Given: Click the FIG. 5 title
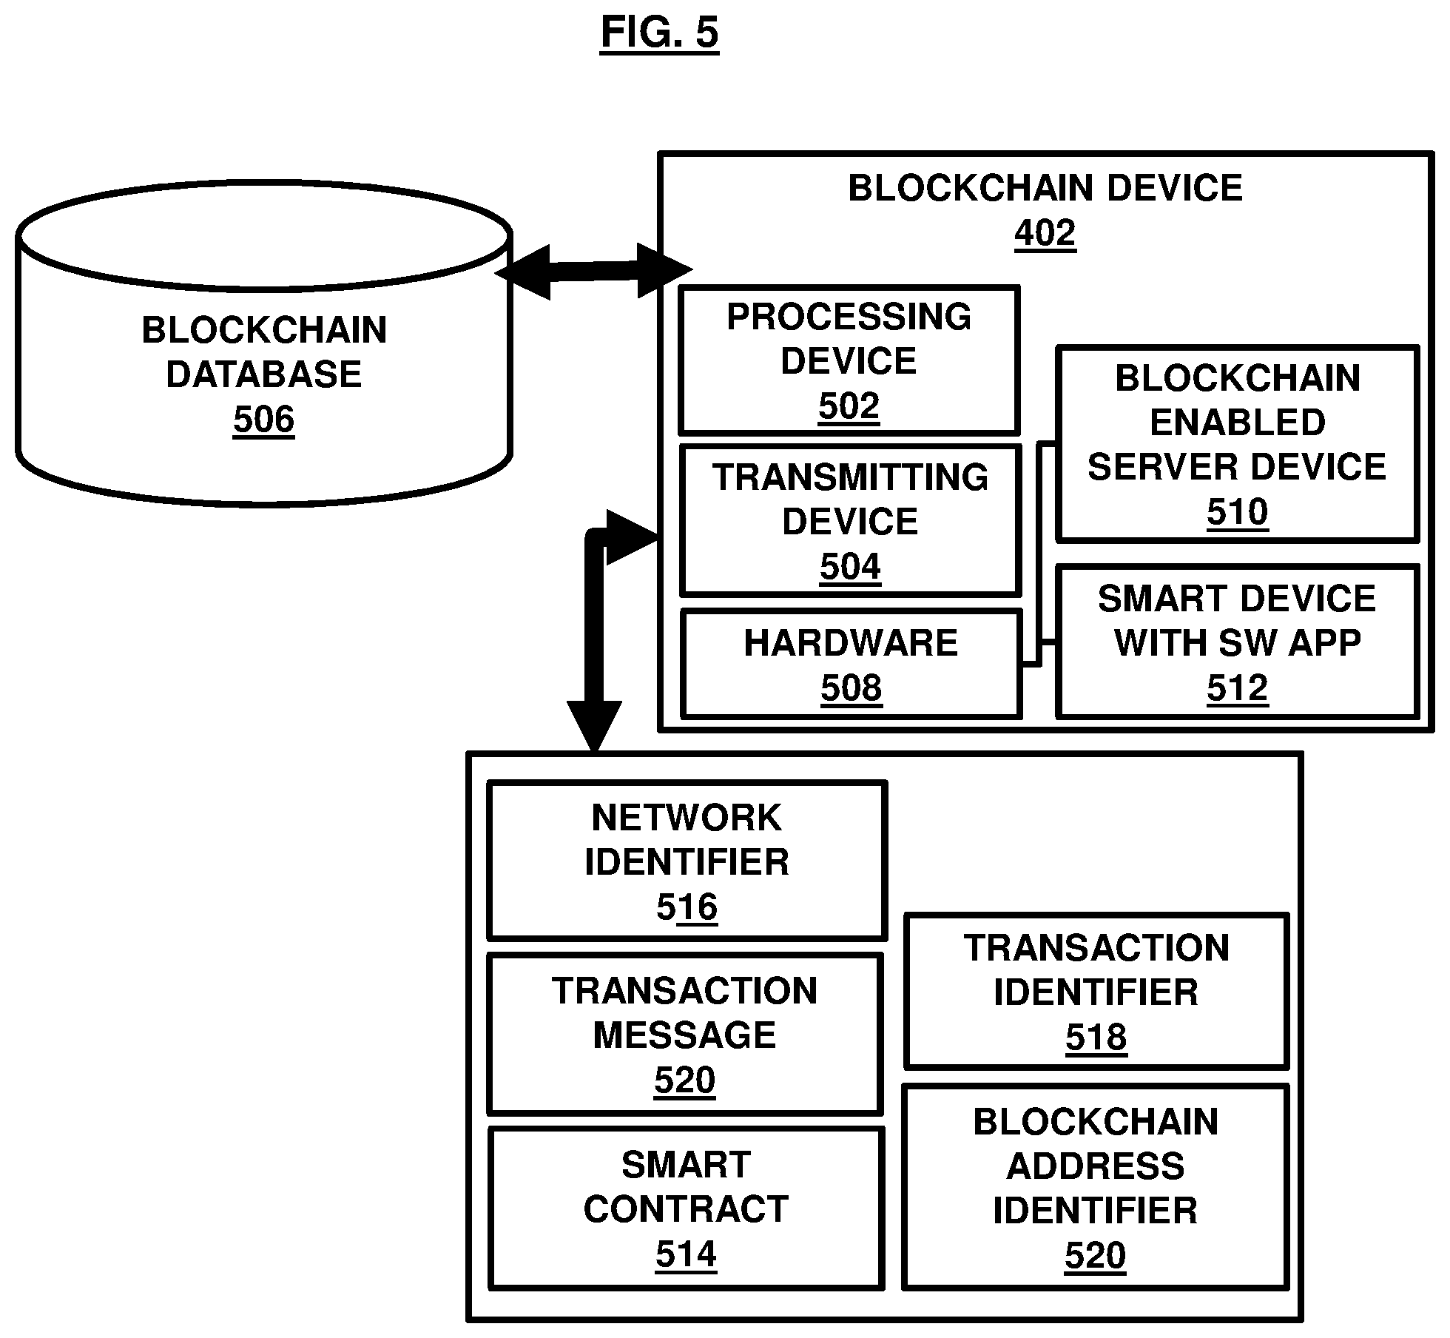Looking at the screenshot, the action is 659,33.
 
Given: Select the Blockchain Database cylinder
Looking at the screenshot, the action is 264,343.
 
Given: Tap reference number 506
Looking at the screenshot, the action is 264,420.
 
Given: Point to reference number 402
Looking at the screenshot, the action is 1045,233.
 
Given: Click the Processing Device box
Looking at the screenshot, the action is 849,360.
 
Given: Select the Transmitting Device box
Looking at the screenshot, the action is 851,520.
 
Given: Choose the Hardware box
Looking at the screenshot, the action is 851,664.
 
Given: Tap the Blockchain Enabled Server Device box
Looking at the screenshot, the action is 1237,444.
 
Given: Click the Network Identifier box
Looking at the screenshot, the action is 687,861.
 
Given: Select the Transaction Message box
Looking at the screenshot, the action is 685,1034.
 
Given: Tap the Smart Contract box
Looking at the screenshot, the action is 686,1208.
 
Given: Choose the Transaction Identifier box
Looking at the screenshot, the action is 1096,992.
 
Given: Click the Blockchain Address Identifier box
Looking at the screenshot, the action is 1096,1187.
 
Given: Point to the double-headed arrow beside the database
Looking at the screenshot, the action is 593,271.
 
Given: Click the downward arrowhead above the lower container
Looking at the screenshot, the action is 594,725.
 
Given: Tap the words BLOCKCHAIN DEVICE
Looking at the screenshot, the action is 1045,188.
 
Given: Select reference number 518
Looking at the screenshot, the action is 1096,1038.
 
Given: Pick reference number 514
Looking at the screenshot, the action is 686,1254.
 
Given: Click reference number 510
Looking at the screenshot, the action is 1237,511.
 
